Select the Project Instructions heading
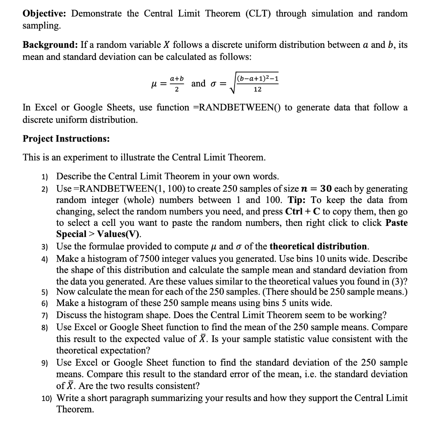[x=66, y=139]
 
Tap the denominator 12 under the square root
[x=257, y=90]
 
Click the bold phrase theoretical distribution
[x=318, y=246]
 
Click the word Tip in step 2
[x=296, y=200]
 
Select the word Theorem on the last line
[x=75, y=410]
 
